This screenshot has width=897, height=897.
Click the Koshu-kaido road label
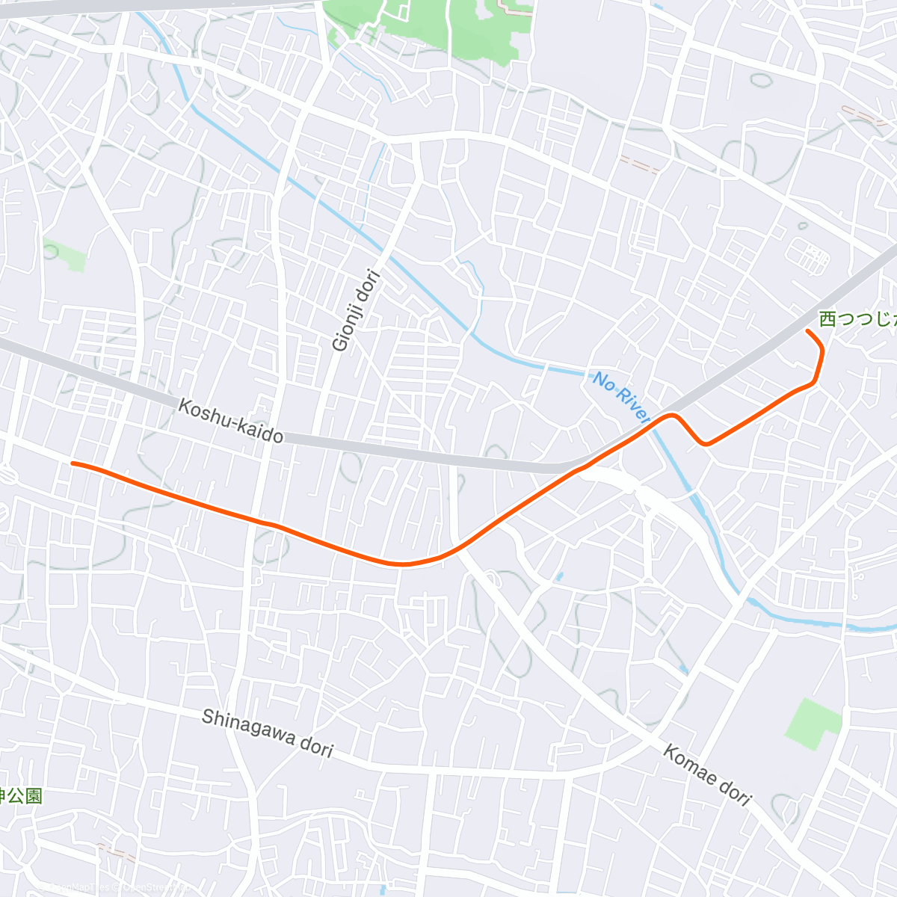coord(231,420)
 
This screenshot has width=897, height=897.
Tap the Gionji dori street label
coord(357,310)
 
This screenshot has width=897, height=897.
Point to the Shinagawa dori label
coord(267,733)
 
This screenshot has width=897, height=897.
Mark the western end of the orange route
coord(73,463)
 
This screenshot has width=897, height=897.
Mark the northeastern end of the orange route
coord(807,330)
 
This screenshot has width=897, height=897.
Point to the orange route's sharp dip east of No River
coord(704,444)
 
